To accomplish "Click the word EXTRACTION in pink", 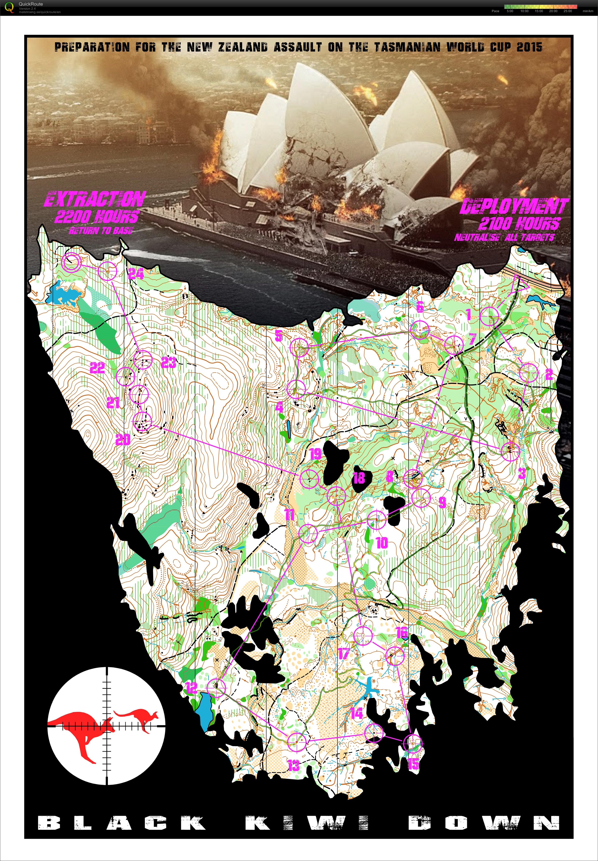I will point(95,199).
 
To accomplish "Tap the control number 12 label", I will point(191,688).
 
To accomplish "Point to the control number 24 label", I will point(136,274).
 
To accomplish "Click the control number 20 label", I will point(123,440).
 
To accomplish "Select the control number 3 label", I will point(522,474).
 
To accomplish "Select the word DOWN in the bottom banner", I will point(484,823).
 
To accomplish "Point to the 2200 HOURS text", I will point(97,217).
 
